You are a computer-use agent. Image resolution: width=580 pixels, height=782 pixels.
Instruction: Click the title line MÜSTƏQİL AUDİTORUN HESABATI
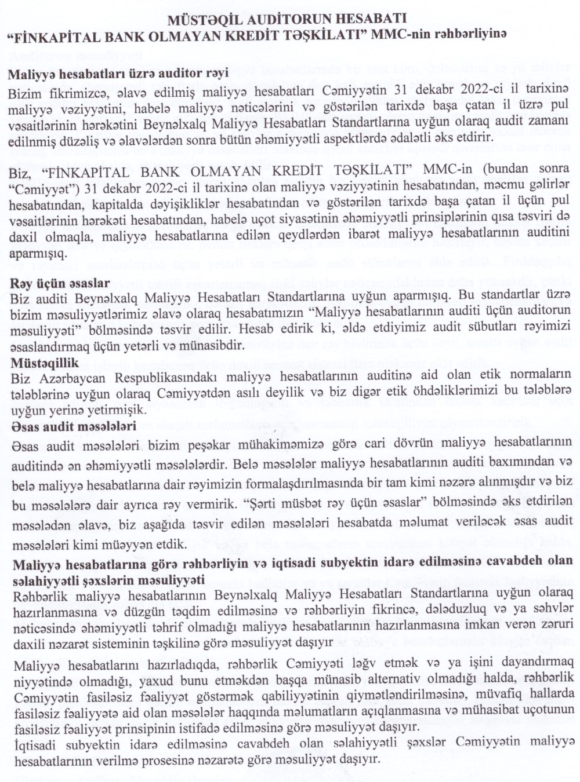(x=287, y=20)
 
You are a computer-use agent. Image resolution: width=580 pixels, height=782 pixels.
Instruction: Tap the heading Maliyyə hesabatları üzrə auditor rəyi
(x=118, y=74)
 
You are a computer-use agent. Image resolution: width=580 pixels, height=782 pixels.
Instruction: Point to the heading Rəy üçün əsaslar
(x=60, y=283)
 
